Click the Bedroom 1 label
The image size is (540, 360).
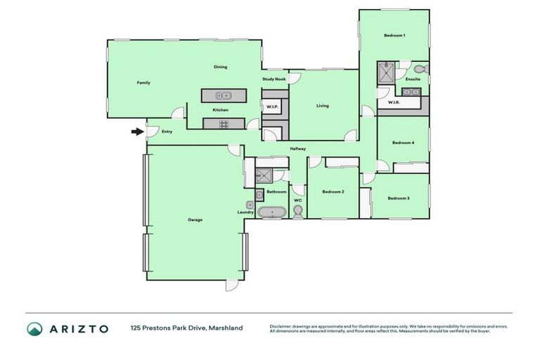point(394,35)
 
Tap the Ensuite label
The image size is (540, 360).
point(413,79)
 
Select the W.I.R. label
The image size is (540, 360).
point(393,102)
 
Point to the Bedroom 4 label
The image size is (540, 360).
point(403,143)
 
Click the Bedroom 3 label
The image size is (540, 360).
point(399,198)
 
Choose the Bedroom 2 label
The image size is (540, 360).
point(333,191)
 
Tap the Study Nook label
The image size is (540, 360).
point(274,79)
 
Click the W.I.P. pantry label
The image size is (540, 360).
point(271,106)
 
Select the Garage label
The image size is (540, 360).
point(195,219)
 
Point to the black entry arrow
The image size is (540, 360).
point(136,131)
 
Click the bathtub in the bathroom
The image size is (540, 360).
point(270,212)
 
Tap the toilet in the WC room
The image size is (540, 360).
point(297,212)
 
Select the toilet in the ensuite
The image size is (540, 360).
point(419,69)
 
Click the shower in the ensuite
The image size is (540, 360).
point(386,72)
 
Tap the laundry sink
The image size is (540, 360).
point(250,205)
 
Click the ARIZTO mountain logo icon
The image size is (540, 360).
point(35,328)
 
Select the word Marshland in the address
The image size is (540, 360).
point(225,328)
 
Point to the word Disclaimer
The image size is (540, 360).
point(283,326)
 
